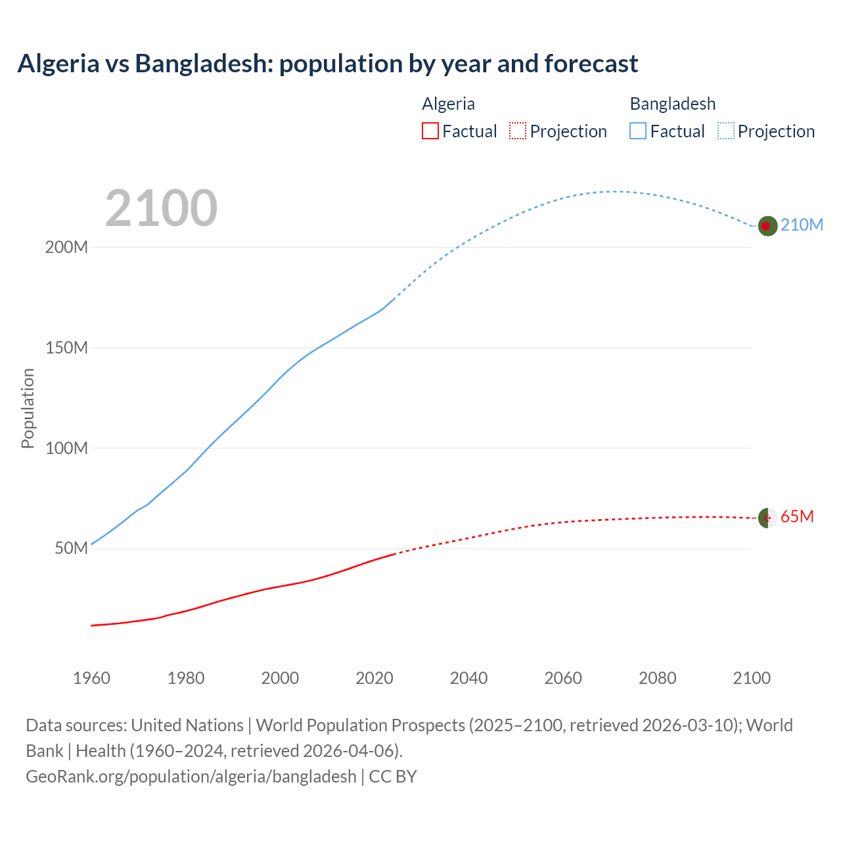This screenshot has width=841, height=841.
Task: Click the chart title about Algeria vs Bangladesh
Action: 327,64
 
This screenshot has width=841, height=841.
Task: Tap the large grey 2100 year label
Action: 161,208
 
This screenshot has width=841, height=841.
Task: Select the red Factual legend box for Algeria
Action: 430,131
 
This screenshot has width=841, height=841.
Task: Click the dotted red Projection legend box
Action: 518,131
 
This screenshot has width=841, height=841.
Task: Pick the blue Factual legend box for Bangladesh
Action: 638,131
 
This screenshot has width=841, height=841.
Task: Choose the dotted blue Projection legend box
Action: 726,131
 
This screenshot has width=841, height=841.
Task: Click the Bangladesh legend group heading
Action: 672,104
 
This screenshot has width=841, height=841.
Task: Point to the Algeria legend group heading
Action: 448,104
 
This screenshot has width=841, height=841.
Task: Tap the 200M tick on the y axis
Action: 66,248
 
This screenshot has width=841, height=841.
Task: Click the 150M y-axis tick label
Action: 66,348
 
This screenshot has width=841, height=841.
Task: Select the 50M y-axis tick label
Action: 71,548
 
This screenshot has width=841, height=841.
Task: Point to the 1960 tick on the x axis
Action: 91,678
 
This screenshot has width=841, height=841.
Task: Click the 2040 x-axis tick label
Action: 468,678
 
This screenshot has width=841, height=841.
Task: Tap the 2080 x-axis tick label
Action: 657,678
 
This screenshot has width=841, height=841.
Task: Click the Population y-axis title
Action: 28,408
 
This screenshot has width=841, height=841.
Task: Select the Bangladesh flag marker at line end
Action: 767,226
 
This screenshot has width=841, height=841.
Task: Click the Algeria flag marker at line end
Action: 767,518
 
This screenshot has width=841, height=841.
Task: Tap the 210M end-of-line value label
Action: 802,225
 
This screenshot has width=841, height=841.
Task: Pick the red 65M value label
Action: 797,517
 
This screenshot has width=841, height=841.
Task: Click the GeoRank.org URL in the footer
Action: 191,777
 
